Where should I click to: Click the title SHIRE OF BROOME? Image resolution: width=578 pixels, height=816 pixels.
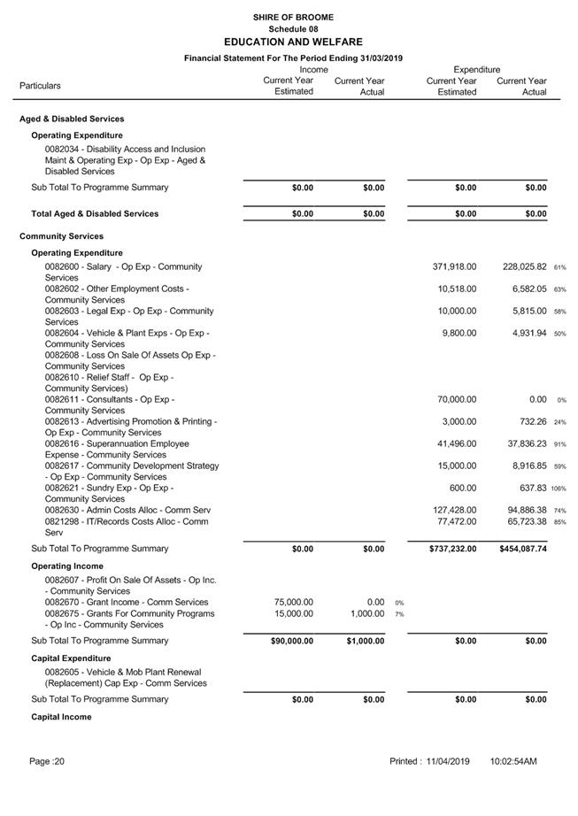coord(293,17)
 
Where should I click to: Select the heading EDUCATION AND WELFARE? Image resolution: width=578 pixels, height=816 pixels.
coord(293,42)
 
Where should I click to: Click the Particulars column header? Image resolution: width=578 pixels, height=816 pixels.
coord(41,86)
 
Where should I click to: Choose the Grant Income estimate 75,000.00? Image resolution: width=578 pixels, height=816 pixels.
coord(294,602)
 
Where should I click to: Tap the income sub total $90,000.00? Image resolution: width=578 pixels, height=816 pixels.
coord(292,641)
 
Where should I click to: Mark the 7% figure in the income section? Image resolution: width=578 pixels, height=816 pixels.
coord(399,614)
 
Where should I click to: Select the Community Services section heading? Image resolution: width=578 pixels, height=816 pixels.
coord(61,236)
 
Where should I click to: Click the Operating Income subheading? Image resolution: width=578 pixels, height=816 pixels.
coord(67,566)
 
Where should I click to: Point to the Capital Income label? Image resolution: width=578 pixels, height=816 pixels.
coord(61,717)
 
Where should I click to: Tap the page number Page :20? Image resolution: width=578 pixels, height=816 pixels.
coord(47,761)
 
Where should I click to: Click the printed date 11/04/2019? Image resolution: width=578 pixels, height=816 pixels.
coord(447,761)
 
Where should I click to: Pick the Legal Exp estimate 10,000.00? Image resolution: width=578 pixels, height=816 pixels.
coord(457,311)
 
